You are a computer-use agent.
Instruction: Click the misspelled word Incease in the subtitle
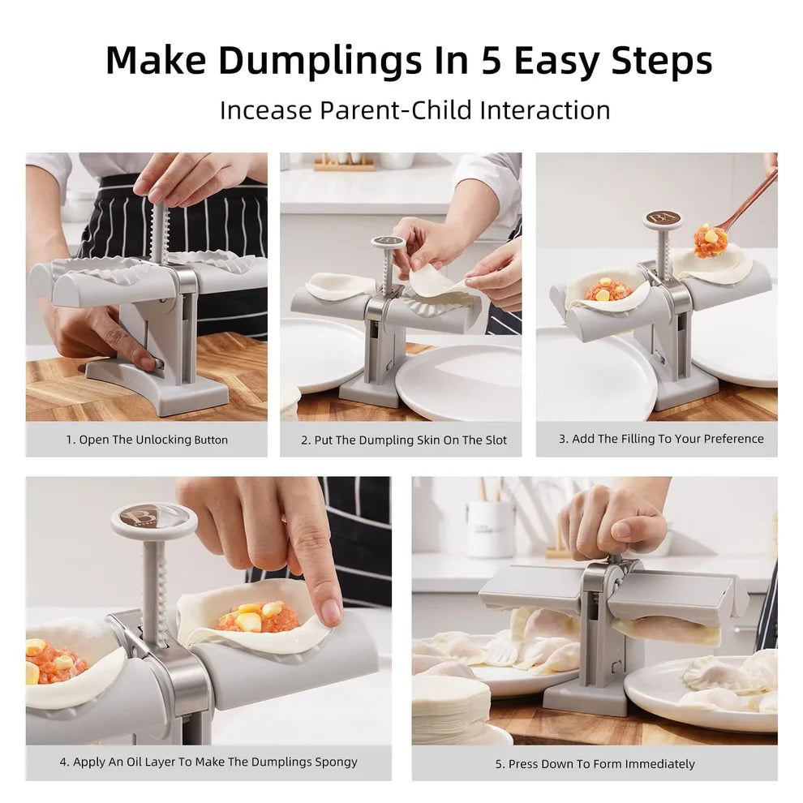pyautogui.click(x=264, y=109)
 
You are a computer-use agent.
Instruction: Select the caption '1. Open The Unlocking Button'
pyautogui.click(x=147, y=440)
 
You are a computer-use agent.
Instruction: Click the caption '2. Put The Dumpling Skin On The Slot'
pyautogui.click(x=403, y=440)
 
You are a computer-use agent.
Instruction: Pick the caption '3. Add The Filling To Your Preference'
pyautogui.click(x=660, y=439)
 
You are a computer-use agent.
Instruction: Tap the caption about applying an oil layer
pyautogui.click(x=208, y=762)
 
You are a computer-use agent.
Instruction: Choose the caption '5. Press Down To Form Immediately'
pyautogui.click(x=595, y=763)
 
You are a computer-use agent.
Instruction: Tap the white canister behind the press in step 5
pyautogui.click(x=491, y=528)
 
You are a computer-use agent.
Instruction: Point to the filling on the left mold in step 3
pyautogui.click(x=608, y=291)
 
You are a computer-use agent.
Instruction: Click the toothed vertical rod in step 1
pyautogui.click(x=159, y=232)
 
